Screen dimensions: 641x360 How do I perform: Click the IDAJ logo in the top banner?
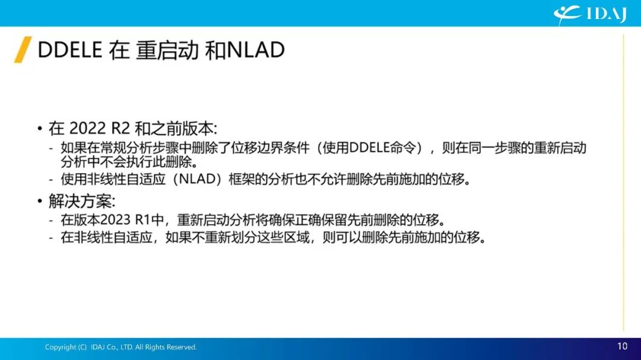tap(590, 14)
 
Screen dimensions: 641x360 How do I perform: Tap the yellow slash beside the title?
tap(23, 50)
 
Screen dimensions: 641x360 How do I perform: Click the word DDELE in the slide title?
tap(70, 50)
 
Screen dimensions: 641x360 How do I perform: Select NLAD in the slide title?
tap(255, 50)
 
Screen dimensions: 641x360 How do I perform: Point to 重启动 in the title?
tap(167, 50)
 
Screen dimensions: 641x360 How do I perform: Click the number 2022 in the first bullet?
tap(87, 128)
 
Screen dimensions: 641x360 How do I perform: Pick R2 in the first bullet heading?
tap(120, 128)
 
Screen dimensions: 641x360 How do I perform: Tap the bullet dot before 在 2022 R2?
tap(40, 129)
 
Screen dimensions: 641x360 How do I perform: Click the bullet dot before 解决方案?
tap(40, 200)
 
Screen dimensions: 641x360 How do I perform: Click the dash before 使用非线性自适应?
tap(51, 179)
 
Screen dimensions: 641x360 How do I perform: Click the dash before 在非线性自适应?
tap(51, 237)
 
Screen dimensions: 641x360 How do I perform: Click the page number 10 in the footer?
tap(622, 346)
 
